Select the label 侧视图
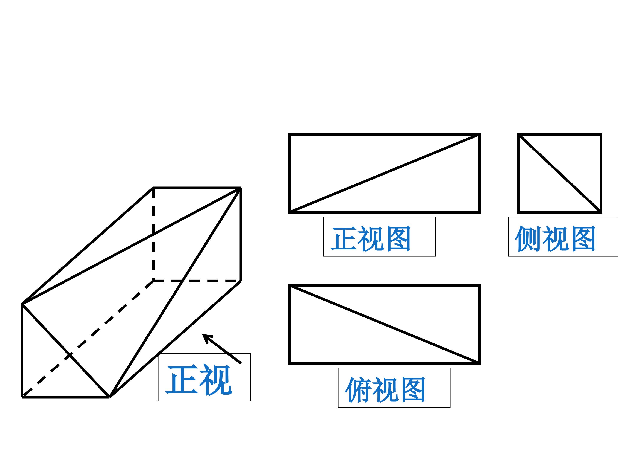(x=555, y=238)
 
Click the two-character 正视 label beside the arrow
(x=199, y=379)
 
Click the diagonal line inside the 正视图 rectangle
(x=385, y=173)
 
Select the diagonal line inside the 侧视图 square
(x=560, y=173)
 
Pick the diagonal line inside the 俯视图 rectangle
(x=385, y=324)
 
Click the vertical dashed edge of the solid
(x=153, y=234)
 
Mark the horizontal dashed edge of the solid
(x=197, y=281)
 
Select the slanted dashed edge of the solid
(x=88, y=338)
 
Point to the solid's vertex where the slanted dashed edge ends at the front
(x=22, y=396)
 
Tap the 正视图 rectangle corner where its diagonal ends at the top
(x=479, y=134)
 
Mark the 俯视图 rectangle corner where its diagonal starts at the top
(x=290, y=285)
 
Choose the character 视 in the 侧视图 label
(x=555, y=238)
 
